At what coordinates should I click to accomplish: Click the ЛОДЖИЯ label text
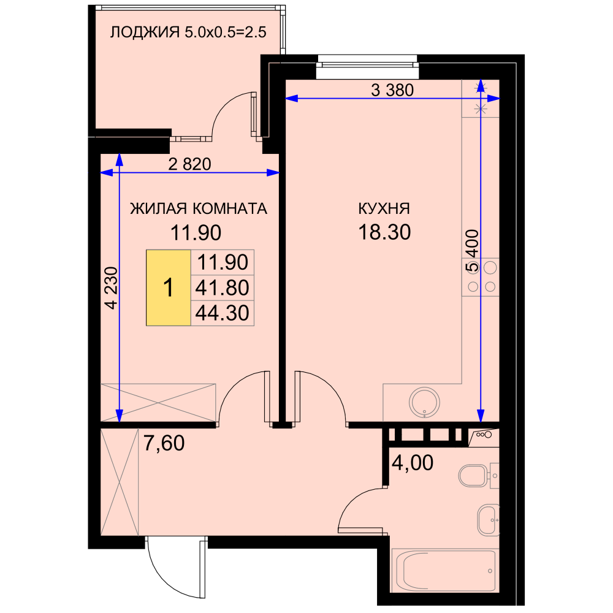tap(145, 32)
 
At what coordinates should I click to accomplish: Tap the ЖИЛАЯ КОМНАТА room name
tap(199, 209)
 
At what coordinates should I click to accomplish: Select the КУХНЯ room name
tap(384, 209)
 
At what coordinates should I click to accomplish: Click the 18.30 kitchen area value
tap(385, 232)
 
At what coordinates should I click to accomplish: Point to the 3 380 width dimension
tap(392, 90)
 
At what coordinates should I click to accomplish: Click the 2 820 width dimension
tap(189, 164)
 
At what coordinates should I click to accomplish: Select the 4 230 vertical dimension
tap(112, 288)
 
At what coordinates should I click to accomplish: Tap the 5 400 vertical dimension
tap(472, 251)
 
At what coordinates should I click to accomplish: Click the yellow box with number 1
tap(169, 287)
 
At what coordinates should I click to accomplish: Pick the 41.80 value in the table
tap(222, 287)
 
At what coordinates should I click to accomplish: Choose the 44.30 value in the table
tap(222, 313)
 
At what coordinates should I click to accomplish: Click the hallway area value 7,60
tap(164, 443)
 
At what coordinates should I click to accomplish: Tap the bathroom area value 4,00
tap(413, 463)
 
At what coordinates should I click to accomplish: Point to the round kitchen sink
tap(424, 402)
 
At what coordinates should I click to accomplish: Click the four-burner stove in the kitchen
tap(481, 277)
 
